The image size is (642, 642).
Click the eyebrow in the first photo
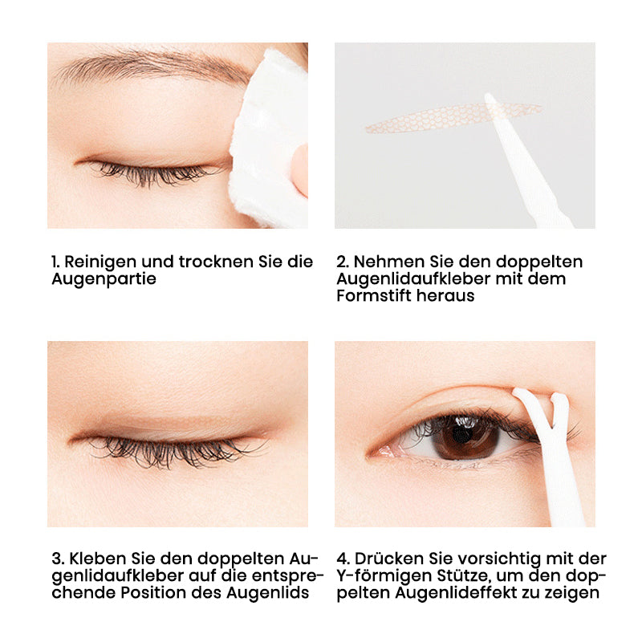pos(152,66)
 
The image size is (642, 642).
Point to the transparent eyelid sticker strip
pos(453,118)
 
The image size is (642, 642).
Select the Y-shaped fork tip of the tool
pos(539,404)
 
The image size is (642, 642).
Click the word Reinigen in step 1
pos(100,262)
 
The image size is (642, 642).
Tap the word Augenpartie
pos(104,279)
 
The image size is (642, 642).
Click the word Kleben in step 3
pos(98,559)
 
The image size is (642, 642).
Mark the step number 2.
pos(343,262)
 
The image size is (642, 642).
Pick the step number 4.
pos(343,559)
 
